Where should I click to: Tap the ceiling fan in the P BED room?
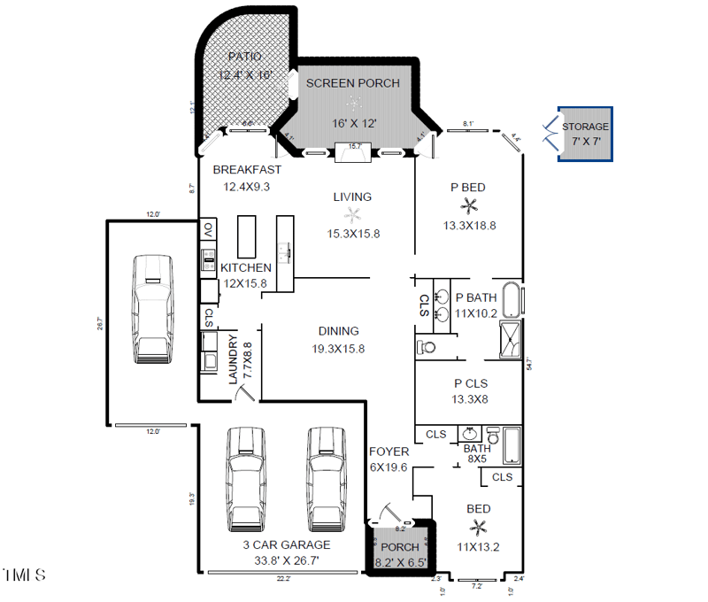(469, 206)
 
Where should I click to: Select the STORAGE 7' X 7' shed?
(585, 135)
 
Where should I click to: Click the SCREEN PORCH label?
(353, 83)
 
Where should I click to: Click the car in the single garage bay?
(152, 309)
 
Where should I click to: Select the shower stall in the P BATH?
(512, 338)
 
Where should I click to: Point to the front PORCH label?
(399, 548)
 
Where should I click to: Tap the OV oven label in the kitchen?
(208, 229)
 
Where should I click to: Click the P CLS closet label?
(470, 383)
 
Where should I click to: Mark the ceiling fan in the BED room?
(479, 529)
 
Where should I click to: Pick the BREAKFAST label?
(247, 170)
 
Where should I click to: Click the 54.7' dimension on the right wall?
(527, 364)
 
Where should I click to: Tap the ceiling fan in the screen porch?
(353, 104)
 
